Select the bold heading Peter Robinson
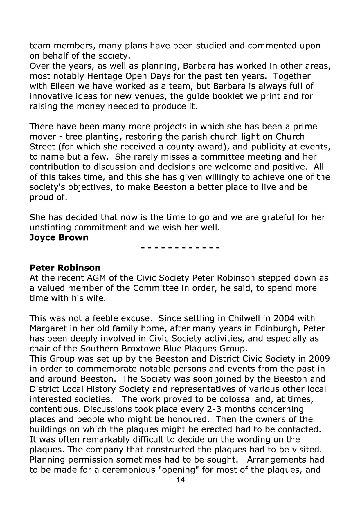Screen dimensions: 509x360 pos(65,268)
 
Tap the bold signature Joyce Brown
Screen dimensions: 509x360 pos(59,237)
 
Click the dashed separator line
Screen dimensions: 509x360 pos(180,248)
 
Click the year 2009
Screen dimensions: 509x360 pos(319,359)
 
